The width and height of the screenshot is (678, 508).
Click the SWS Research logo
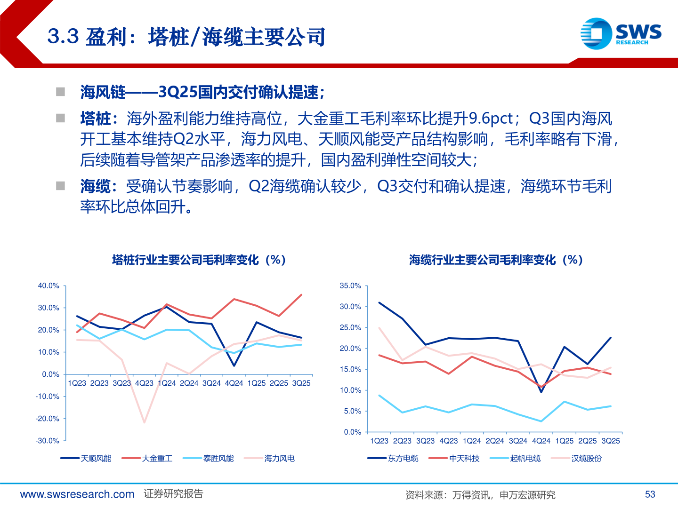pyautogui.click(x=621, y=33)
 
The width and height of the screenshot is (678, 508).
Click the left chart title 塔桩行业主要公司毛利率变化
pyautogui.click(x=199, y=260)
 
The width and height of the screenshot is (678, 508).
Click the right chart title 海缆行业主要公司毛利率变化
pyautogui.click(x=496, y=260)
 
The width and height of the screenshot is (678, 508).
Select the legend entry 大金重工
pyautogui.click(x=157, y=458)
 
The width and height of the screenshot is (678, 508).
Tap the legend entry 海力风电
pyautogui.click(x=279, y=458)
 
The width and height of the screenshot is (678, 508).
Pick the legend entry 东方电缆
pyautogui.click(x=403, y=458)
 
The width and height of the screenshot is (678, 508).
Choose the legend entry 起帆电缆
pyautogui.click(x=525, y=458)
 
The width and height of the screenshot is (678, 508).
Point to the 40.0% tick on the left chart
pyautogui.click(x=48, y=286)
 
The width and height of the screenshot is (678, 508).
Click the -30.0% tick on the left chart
pyautogui.click(x=48, y=441)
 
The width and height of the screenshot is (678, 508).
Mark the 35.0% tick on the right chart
pyautogui.click(x=350, y=286)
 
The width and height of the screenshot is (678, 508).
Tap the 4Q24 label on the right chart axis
pyautogui.click(x=541, y=441)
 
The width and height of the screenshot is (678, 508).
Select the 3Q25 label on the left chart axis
pyautogui.click(x=301, y=383)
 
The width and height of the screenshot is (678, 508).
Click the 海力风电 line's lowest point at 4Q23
pyautogui.click(x=144, y=422)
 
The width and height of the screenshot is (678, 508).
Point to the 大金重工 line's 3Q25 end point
pyautogui.click(x=301, y=295)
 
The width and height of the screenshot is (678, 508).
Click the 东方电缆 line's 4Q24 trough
pyautogui.click(x=541, y=392)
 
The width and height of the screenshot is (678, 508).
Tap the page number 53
pyautogui.click(x=650, y=494)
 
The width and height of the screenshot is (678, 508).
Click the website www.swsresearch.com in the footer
pyautogui.click(x=77, y=494)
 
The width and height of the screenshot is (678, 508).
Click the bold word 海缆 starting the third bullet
pyautogui.click(x=96, y=186)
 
